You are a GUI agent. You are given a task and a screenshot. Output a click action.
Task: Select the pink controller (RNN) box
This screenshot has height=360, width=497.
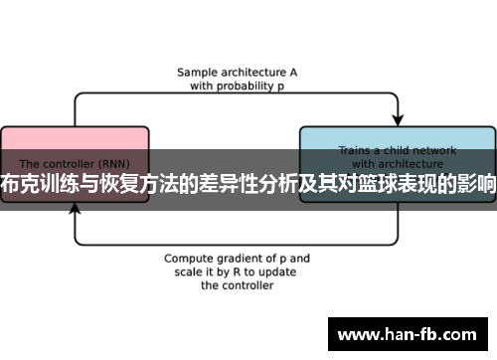coord(75,149)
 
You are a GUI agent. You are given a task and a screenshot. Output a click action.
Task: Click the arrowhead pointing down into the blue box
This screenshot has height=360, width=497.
coord(397,117)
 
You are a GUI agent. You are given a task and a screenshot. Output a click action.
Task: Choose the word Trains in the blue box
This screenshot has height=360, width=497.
coord(356,151)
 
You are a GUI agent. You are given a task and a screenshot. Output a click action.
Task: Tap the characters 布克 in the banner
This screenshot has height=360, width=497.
coord(19,185)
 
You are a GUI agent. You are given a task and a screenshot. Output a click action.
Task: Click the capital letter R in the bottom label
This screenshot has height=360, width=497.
coord(236,270)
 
